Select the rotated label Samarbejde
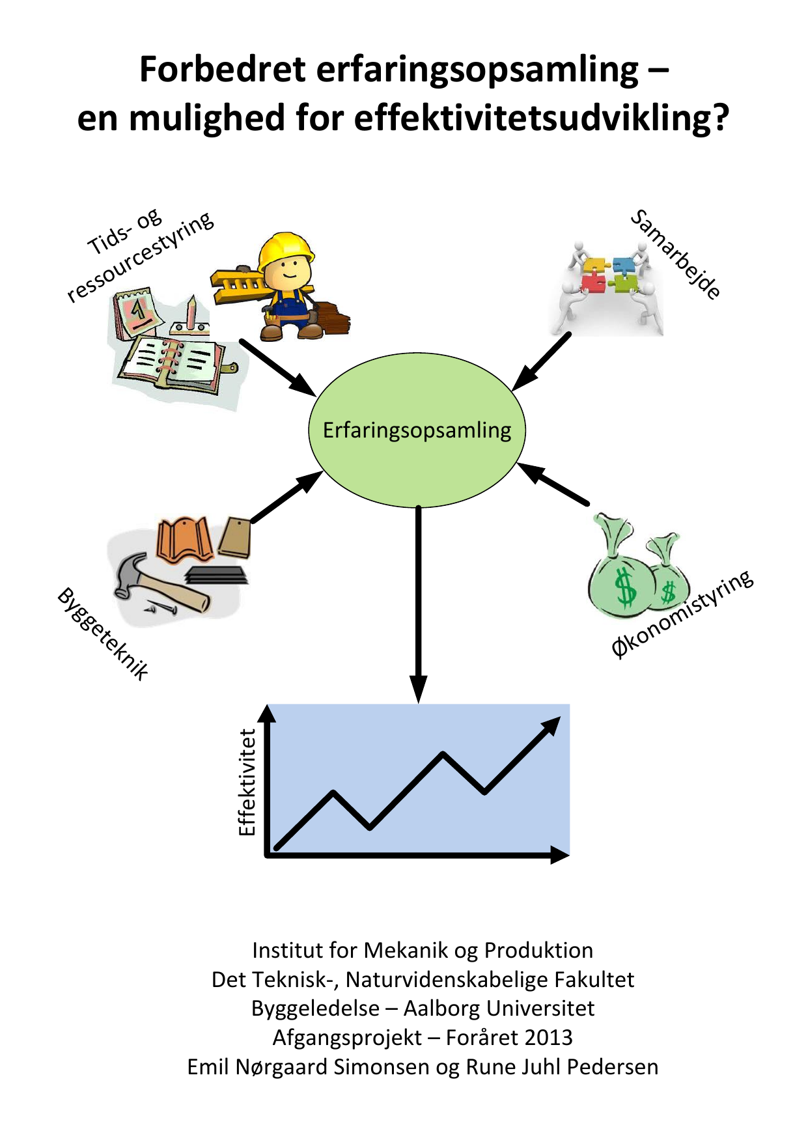click(676, 254)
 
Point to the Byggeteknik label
click(104, 633)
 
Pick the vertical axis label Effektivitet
click(247, 782)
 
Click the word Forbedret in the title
click(222, 70)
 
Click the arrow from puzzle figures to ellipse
click(542, 362)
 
